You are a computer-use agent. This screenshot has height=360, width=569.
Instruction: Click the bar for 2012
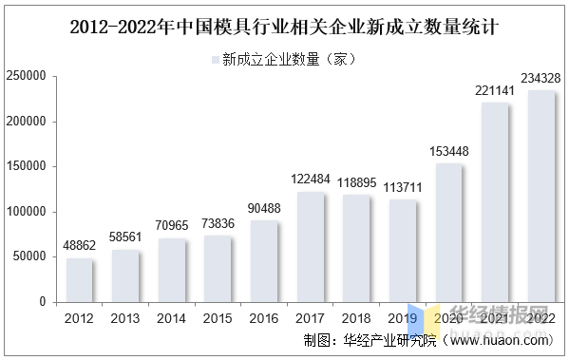click(79, 280)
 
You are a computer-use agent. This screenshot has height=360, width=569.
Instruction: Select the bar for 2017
click(311, 247)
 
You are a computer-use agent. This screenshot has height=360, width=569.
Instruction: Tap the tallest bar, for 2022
click(542, 197)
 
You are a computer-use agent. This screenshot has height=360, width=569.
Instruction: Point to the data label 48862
click(79, 246)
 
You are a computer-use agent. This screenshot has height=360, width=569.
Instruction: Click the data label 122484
click(311, 180)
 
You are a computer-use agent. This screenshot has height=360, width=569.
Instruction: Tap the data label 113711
click(403, 187)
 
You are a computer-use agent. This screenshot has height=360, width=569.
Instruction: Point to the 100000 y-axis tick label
click(26, 212)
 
